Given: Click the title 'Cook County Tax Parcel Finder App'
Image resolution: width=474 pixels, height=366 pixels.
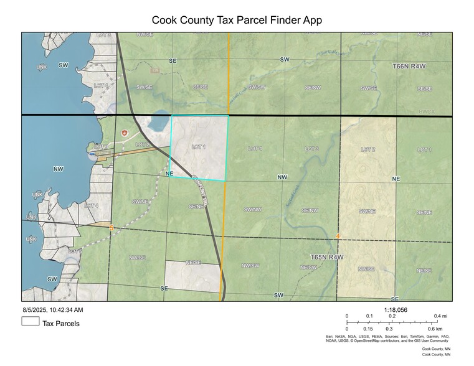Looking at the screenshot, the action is [x=237, y=20].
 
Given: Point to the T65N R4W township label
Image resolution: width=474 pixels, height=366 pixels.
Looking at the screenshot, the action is [x=327, y=256].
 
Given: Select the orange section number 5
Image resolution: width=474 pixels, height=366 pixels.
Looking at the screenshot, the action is [x=111, y=228].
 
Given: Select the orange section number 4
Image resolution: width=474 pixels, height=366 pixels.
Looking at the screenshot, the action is [x=338, y=237].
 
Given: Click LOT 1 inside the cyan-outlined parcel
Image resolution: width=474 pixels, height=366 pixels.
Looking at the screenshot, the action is [x=199, y=147].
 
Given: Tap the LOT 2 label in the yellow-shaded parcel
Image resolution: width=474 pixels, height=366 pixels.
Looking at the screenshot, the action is [x=368, y=149].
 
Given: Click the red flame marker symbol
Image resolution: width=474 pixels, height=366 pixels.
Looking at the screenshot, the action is [x=125, y=133].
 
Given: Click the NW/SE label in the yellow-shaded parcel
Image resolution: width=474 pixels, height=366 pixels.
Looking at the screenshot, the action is [x=367, y=269].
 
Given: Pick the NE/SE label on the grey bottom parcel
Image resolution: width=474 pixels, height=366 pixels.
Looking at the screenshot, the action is [x=193, y=263].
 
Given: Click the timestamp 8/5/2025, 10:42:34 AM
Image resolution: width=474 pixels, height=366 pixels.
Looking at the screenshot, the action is [x=53, y=309].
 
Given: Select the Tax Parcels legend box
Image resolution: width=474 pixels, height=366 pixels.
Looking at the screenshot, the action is [x=31, y=322].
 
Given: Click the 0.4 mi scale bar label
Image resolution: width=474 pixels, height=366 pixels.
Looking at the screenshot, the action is [x=441, y=316].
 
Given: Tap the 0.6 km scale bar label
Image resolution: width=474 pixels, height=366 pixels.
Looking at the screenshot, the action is [x=435, y=329].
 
